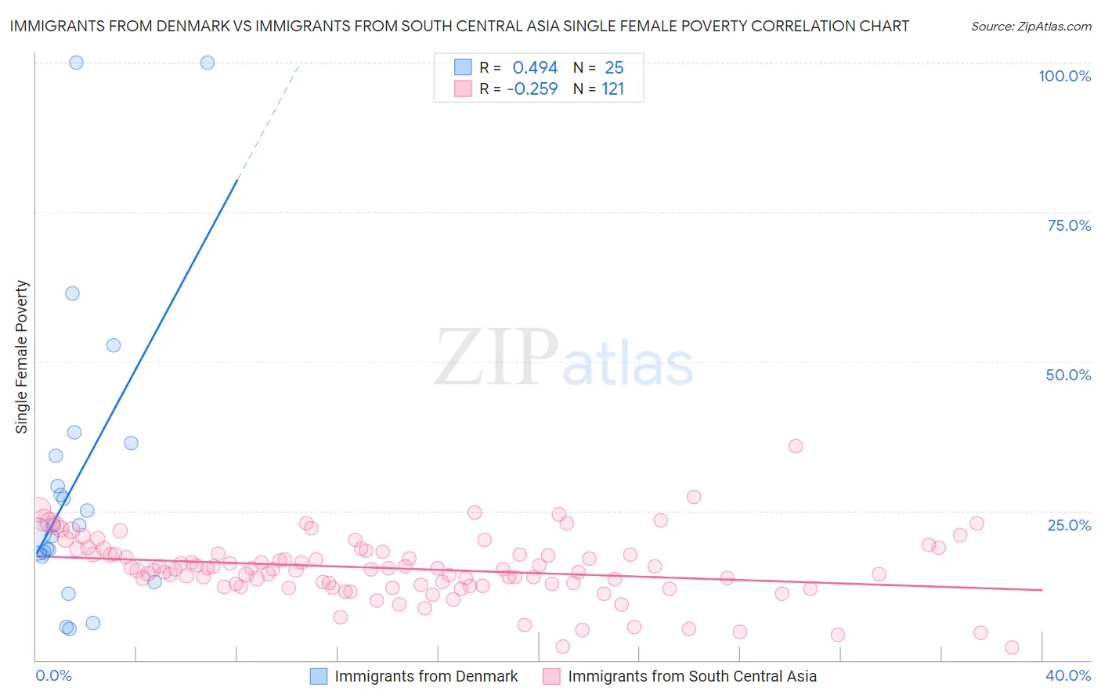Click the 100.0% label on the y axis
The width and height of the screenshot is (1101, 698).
tap(1064, 76)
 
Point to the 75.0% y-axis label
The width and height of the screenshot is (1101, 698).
tap(1069, 225)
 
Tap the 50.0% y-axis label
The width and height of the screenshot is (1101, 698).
tap(1068, 375)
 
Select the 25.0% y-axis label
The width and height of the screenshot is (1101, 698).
tap(1069, 524)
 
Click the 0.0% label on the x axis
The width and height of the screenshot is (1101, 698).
tap(53, 675)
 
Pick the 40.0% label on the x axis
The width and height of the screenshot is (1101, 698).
tap(1068, 675)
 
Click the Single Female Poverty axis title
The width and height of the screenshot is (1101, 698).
tap(22, 357)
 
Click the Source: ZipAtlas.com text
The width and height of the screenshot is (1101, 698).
tap(1031, 26)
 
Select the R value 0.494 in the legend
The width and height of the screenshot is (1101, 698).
tap(535, 68)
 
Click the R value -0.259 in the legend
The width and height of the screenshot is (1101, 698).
tap(532, 89)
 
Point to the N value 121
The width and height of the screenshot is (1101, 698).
tap(612, 89)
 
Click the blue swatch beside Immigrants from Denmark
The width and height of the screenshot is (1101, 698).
tap(318, 676)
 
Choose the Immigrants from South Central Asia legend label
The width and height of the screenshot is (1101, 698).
tap(692, 676)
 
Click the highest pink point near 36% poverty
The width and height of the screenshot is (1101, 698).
tap(796, 446)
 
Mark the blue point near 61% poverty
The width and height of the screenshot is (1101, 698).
tap(72, 293)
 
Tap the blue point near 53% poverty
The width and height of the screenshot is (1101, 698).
tap(114, 345)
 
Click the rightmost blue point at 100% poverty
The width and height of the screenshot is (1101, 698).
tap(208, 63)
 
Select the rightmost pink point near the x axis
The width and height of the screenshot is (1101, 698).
tap(1012, 647)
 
